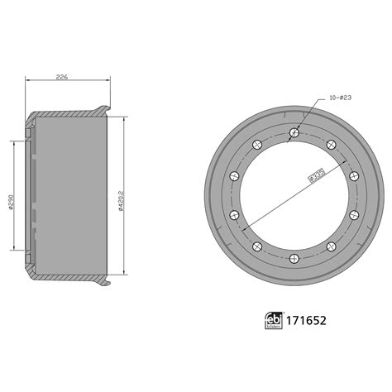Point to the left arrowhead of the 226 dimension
click(x=29, y=81)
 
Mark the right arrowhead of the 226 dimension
click(x=108, y=81)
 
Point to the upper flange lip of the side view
click(x=104, y=108)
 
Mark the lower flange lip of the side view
click(x=104, y=286)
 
